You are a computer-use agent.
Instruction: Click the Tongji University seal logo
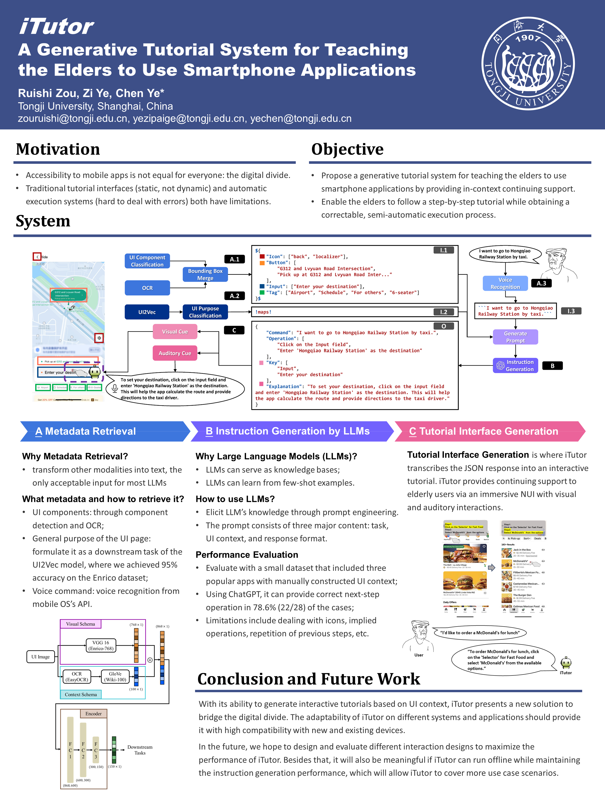pos(528,64)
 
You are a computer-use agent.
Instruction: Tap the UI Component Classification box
pos(147,261)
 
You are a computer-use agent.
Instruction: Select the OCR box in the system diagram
pos(147,288)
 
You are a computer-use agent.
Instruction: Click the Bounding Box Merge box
pos(205,274)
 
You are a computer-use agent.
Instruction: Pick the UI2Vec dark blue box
pos(147,312)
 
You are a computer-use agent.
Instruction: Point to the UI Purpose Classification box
pos(205,312)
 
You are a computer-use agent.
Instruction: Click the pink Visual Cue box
pos(175,332)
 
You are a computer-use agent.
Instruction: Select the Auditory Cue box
pos(175,353)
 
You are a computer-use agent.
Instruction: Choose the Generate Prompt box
pos(515,337)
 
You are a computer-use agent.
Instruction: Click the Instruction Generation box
pos(515,365)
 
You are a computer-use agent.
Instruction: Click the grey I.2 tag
pos(443,312)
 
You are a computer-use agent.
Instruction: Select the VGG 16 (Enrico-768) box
pos(101,645)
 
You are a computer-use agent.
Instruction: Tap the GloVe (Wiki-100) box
pos(115,677)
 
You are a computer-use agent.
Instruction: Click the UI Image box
pos(41,657)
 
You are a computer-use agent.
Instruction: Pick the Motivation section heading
pos(58,149)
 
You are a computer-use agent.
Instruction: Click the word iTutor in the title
pos(57,27)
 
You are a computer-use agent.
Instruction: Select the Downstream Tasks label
pos(140,750)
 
